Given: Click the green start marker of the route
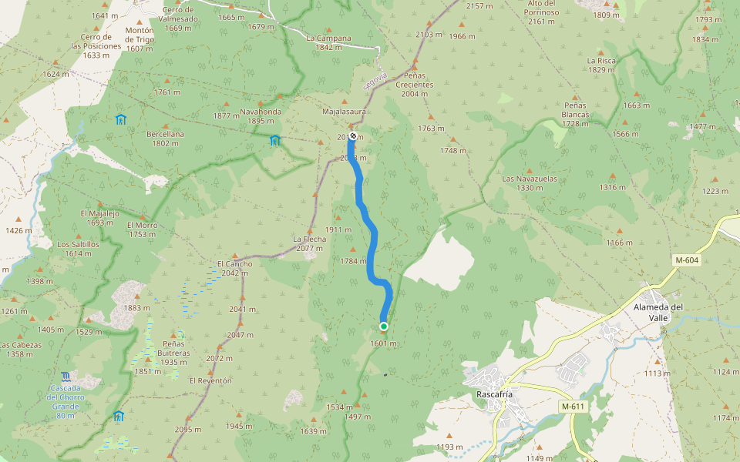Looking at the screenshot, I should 384,326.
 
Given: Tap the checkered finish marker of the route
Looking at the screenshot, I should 353,136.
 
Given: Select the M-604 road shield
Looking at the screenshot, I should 686,260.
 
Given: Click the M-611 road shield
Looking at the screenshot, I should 573,406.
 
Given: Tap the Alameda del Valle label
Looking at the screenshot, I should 658,312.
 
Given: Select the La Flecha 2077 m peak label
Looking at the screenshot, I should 309,243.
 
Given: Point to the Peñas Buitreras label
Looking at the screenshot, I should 174,352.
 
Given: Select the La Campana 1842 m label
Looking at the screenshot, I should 328,42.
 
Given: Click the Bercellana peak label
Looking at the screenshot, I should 166,138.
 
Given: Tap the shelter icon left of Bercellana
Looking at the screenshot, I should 120,119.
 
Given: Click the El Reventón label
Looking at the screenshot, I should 210,380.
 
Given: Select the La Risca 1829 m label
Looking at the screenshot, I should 600,65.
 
